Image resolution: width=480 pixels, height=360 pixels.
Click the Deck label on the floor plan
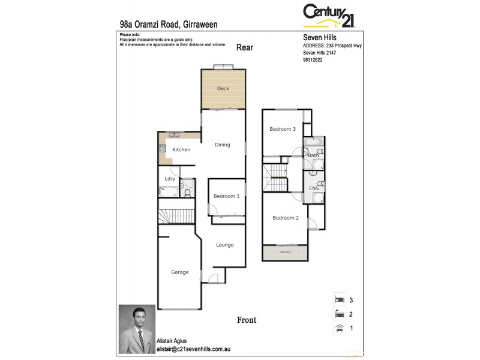223,89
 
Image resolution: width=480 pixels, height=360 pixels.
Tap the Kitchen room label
181,149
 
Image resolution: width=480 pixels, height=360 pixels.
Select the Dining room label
223,145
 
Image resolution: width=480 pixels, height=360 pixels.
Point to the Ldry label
170,179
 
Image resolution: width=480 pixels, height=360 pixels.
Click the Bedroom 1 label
227,196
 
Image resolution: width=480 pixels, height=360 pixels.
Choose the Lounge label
225,245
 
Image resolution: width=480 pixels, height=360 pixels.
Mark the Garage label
179,272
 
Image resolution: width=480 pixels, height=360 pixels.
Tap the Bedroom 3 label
282,129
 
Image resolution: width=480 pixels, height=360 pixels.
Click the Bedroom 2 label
285,218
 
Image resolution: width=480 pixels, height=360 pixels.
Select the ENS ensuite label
314,189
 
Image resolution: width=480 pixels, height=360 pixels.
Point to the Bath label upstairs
313,155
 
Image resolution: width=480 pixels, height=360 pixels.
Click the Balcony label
286,252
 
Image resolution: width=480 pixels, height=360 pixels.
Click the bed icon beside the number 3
339,299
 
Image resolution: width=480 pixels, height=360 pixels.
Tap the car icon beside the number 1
339,328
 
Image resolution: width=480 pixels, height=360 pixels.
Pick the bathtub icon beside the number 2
339,313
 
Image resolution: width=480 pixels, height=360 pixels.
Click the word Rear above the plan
245,47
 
